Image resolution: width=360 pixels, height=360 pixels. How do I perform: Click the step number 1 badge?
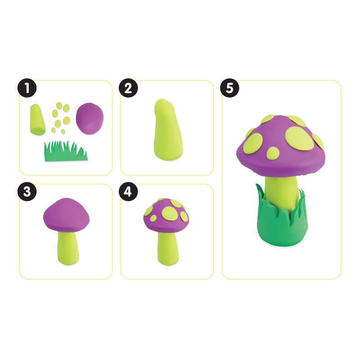pyautogui.click(x=27, y=88)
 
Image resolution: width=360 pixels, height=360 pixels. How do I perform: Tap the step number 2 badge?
pyautogui.click(x=129, y=88)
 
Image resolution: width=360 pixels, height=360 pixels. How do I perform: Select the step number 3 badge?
pyautogui.click(x=27, y=192)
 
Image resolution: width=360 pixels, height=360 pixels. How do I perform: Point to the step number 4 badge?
pyautogui.click(x=129, y=192)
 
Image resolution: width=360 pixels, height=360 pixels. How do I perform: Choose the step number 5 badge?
pyautogui.click(x=230, y=88)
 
